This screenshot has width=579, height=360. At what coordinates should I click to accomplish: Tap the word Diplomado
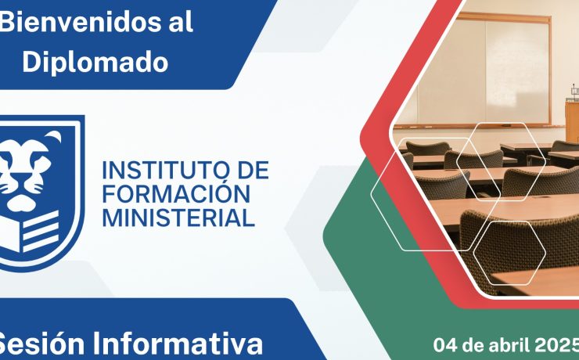(x=95, y=62)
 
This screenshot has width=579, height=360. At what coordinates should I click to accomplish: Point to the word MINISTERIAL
(x=179, y=217)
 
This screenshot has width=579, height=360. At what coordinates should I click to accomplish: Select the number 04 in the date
(x=445, y=343)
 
